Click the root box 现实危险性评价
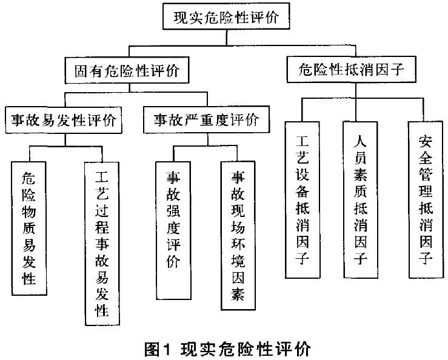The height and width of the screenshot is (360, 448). point(224,17)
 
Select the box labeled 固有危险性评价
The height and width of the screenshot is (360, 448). point(124,71)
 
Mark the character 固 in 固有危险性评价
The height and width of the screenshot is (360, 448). point(82,71)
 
